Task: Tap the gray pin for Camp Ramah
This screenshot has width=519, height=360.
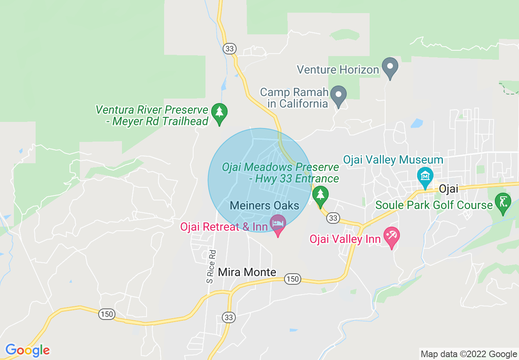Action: (x=338, y=95)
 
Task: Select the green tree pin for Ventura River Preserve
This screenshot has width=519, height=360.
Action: (x=220, y=113)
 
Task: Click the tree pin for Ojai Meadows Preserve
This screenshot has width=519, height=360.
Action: (x=320, y=195)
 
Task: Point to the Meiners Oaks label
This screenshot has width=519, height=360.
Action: (x=264, y=205)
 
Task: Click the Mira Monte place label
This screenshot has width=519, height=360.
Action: (x=247, y=272)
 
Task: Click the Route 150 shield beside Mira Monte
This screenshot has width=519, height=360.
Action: (x=293, y=279)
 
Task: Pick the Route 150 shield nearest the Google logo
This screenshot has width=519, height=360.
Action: (x=106, y=314)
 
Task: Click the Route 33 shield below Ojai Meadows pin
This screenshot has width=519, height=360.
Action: (x=333, y=218)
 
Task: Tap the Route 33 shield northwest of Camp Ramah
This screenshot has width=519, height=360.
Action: (x=230, y=49)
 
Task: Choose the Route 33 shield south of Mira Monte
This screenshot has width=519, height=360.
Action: (x=228, y=317)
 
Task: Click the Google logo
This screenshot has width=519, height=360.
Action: (x=27, y=350)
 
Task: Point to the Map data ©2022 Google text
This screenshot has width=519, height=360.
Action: (x=469, y=354)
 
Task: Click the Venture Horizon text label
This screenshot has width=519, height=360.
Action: (x=338, y=70)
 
